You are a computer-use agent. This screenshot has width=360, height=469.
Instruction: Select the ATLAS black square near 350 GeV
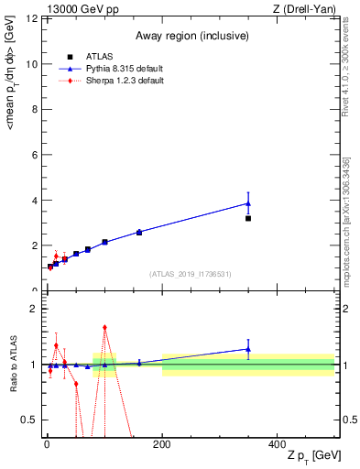[248, 219]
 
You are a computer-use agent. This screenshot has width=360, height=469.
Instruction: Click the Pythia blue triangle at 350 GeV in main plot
[248, 203]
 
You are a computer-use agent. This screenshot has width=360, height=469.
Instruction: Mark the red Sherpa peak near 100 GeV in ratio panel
[104, 327]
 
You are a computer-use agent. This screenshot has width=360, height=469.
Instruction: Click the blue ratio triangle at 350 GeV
[248, 348]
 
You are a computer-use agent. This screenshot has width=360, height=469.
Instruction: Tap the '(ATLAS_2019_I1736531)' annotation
[191, 274]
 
